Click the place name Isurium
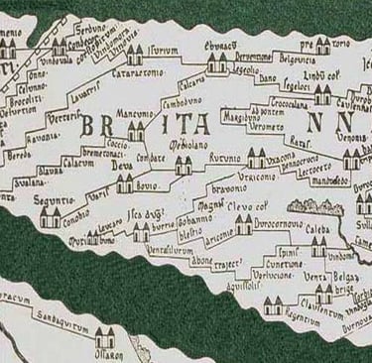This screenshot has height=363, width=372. tap(162, 49)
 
